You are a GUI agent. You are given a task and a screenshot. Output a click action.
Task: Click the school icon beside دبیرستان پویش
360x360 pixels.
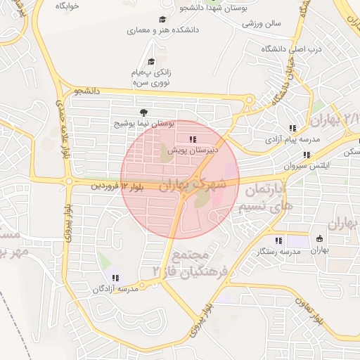tap(193, 139)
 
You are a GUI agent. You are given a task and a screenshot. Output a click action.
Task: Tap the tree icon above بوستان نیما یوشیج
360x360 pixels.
tap(144, 112)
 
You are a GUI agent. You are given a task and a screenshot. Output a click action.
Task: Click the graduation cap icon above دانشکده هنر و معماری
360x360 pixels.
tap(162, 20)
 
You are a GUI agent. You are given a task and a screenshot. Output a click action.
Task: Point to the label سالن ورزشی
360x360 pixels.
tap(262, 23)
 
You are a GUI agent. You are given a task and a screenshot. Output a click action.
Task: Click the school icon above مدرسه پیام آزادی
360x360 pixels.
tap(292, 129)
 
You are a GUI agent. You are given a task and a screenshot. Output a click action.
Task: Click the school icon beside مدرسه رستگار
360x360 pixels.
tap(278, 240)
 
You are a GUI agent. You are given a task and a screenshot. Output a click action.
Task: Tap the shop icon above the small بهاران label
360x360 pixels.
tap(320, 238)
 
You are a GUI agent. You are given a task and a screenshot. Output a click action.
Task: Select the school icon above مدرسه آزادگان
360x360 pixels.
tap(115, 278)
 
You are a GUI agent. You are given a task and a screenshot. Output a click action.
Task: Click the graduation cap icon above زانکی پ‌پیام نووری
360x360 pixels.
tap(152, 62)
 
